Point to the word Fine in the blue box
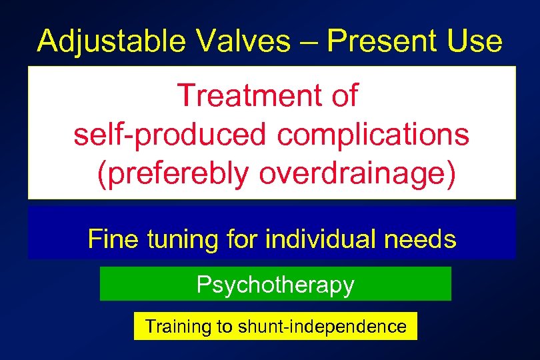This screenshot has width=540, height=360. tap(110, 239)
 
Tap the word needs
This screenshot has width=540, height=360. tap(422, 239)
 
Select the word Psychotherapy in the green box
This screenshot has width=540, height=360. tap(275, 285)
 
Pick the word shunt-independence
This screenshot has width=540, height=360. tap(327, 327)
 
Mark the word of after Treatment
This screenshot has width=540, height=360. tap(342, 96)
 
